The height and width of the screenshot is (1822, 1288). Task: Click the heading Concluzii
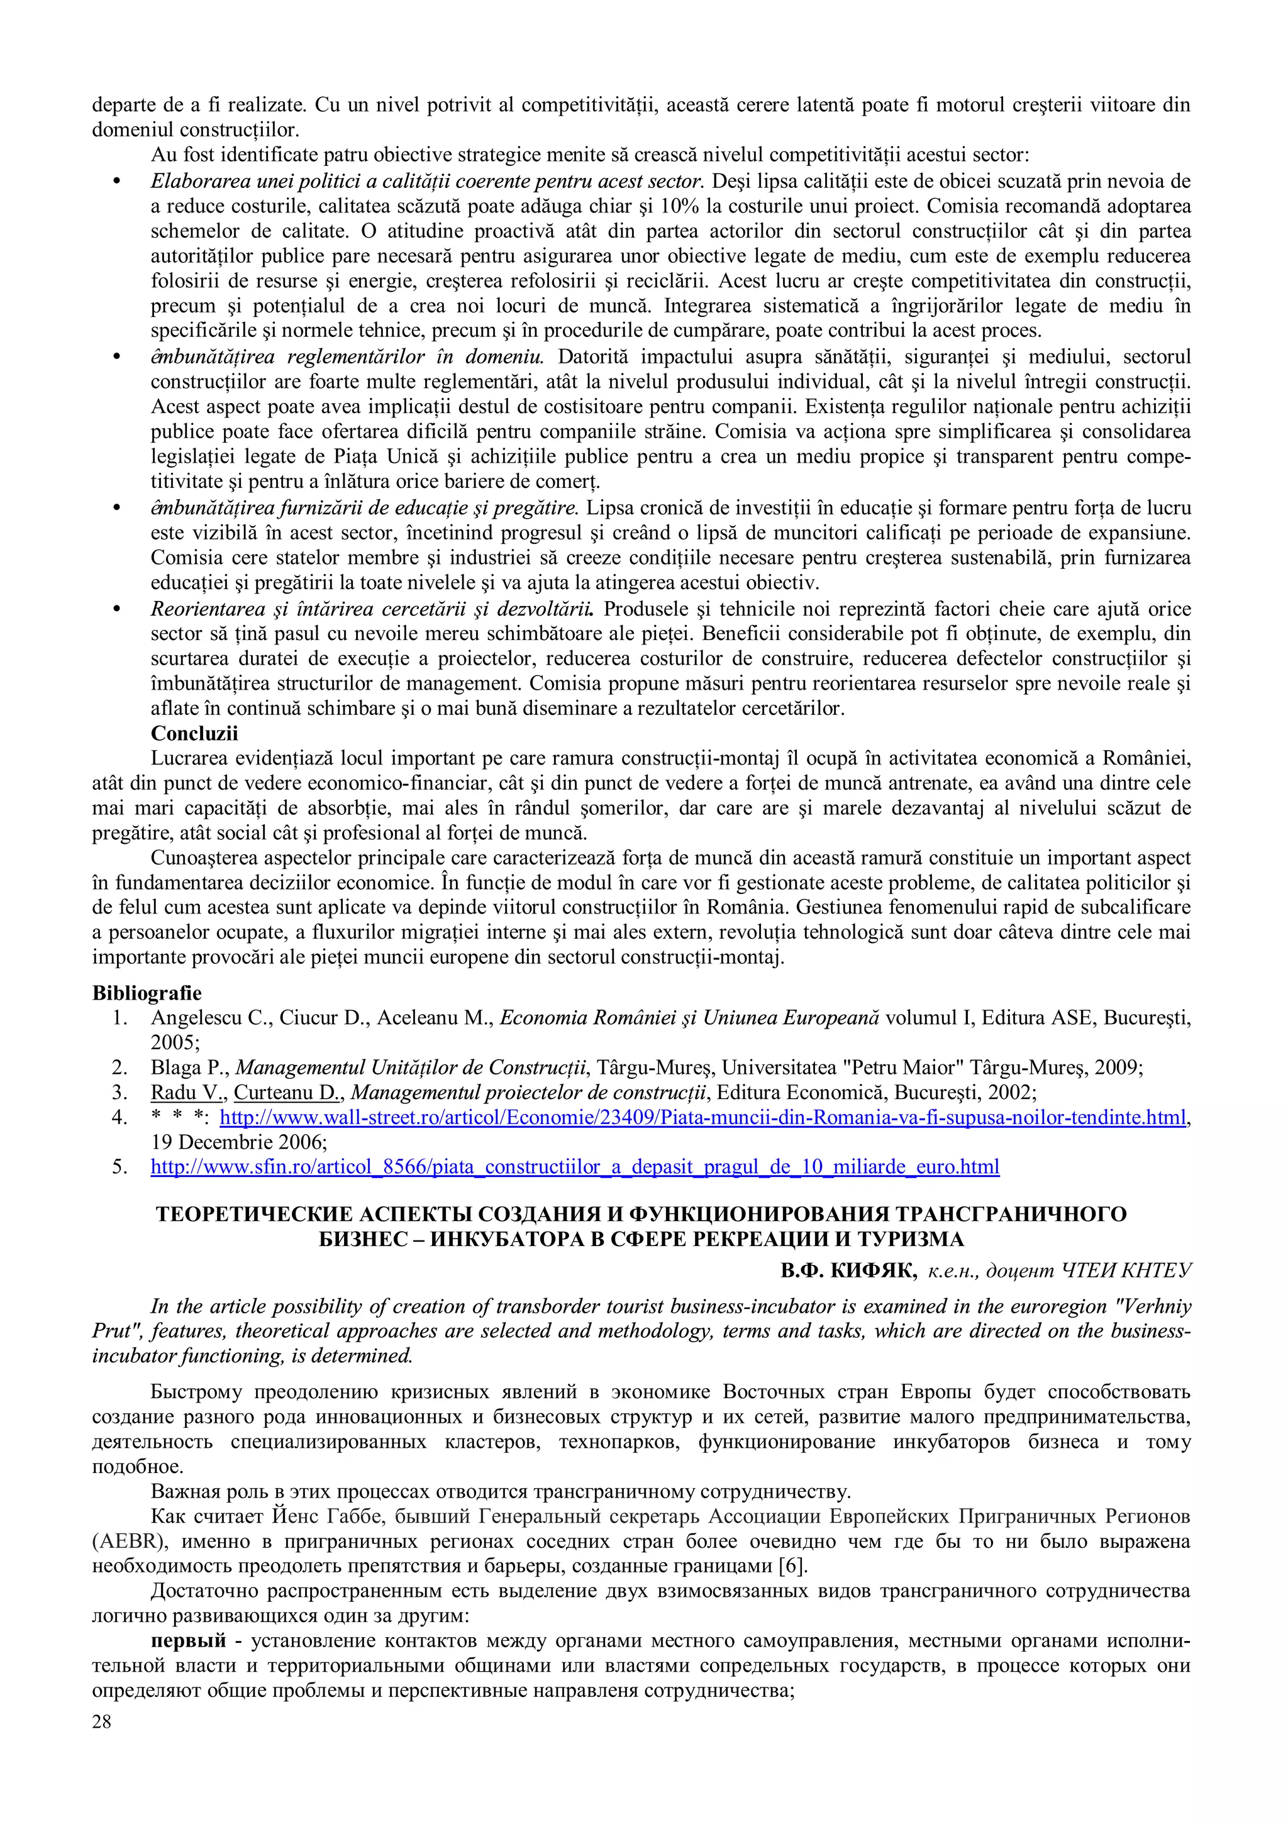pos(194,733)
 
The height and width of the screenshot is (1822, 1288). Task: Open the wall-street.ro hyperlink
pos(702,1117)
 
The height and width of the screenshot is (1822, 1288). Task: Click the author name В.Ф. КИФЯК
pos(848,1271)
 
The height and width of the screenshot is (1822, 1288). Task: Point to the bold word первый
pos(188,1640)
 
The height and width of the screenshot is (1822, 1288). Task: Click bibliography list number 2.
pos(120,1068)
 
